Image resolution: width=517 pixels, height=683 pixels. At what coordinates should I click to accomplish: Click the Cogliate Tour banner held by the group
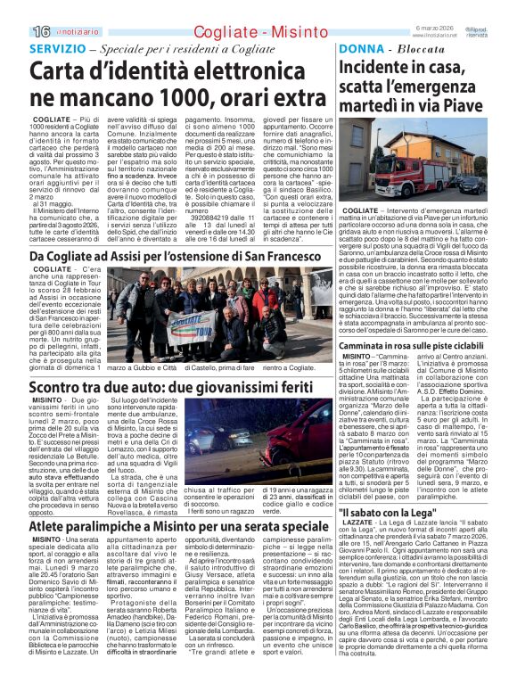pyautogui.click(x=189, y=327)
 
